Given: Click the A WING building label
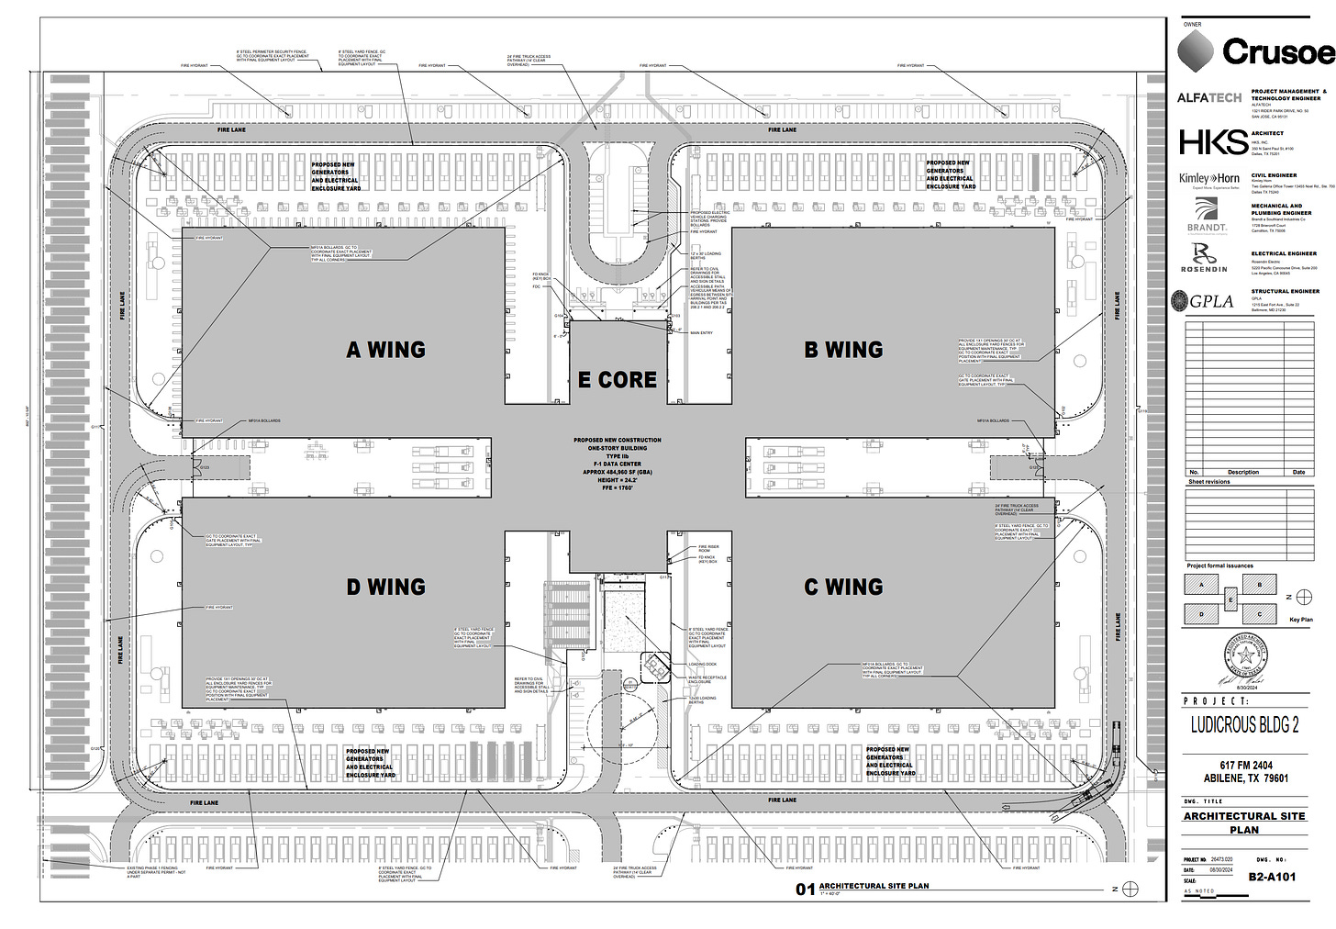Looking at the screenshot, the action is pyautogui.click(x=385, y=350).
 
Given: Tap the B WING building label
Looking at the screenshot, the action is pyautogui.click(x=843, y=350).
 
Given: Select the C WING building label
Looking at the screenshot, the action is pyautogui.click(x=843, y=587).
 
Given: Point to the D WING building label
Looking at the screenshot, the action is pyautogui.click(x=385, y=587).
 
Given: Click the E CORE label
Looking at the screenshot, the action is pyautogui.click(x=618, y=379).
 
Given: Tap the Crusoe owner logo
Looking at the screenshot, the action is pyautogui.click(x=1255, y=51).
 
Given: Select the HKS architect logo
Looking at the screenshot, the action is pyautogui.click(x=1213, y=141).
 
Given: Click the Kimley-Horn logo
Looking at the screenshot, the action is pyautogui.click(x=1209, y=178).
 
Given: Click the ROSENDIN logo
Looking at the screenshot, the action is pyautogui.click(x=1204, y=258).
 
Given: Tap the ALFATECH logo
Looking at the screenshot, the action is pyautogui.click(x=1209, y=97).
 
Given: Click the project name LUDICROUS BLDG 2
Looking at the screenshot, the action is pyautogui.click(x=1244, y=725).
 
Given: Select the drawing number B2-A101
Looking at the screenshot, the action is pyautogui.click(x=1272, y=877).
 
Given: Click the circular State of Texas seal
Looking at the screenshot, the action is pyautogui.click(x=1245, y=657).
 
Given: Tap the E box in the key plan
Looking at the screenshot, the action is pyautogui.click(x=1230, y=600).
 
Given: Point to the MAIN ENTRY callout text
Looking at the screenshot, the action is pyautogui.click(x=701, y=333).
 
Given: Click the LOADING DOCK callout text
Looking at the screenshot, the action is pyautogui.click(x=703, y=665).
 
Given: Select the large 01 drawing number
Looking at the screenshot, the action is pyautogui.click(x=805, y=889).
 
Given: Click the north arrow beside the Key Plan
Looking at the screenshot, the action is pyautogui.click(x=1303, y=597).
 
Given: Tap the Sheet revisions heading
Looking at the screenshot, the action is pyautogui.click(x=1209, y=482).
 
